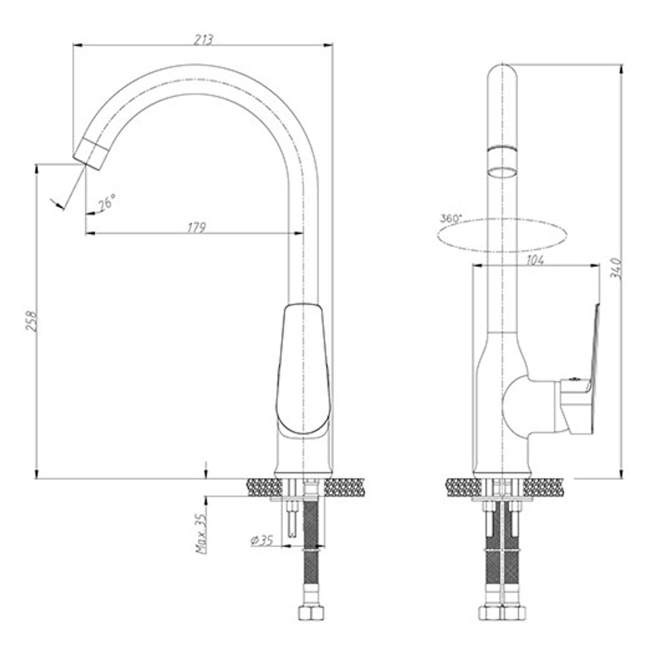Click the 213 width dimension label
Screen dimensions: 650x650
(x=203, y=40)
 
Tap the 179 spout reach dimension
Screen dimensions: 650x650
(x=196, y=227)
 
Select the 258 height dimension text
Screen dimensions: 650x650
(x=32, y=321)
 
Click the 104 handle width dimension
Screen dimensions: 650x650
(x=534, y=260)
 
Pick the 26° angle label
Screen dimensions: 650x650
(x=106, y=202)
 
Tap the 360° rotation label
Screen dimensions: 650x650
(x=451, y=217)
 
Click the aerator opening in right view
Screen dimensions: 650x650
(x=502, y=171)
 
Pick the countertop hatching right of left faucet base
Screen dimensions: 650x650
(x=344, y=487)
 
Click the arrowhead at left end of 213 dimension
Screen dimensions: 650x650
(x=77, y=45)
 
